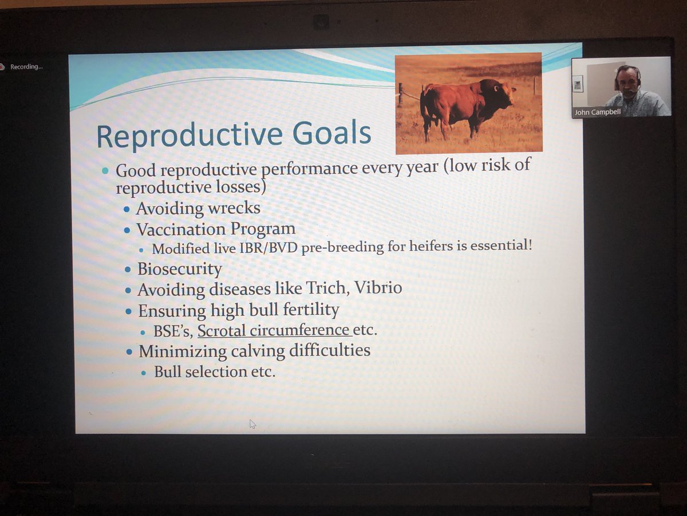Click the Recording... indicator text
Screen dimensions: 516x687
pos(26,67)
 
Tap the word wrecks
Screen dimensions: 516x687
pos(234,208)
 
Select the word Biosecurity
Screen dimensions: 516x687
pos(180,269)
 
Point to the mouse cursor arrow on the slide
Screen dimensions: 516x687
pos(252,424)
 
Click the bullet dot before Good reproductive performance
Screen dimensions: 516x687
pos(105,171)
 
